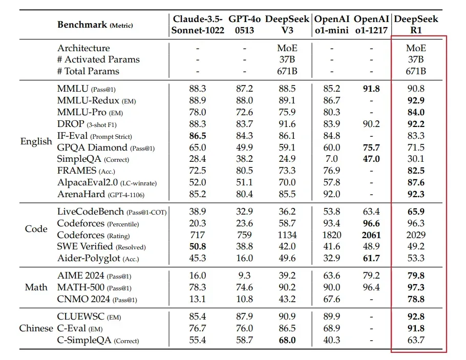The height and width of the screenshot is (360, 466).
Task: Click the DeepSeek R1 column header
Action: (416, 25)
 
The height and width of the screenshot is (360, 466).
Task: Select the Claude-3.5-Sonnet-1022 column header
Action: (198, 25)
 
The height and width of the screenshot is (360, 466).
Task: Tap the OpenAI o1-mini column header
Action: (332, 25)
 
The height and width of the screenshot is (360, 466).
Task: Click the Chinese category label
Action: (36, 328)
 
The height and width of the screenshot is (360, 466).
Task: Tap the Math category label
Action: (36, 287)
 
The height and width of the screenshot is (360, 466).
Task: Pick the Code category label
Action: (36, 229)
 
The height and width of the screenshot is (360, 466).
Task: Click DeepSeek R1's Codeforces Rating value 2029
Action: (416, 235)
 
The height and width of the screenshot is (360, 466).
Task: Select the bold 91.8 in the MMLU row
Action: (371, 89)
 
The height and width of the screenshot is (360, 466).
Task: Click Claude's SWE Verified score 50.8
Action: (198, 246)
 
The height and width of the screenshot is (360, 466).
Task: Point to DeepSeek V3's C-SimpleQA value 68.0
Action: (287, 340)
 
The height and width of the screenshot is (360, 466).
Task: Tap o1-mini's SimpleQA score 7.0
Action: (332, 159)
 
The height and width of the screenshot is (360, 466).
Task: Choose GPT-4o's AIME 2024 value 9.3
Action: (244, 276)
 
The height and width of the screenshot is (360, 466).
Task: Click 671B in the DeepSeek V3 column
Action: (287, 71)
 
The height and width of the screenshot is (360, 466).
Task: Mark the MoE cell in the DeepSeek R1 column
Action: (416, 48)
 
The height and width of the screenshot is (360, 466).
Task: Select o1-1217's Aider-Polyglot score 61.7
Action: (371, 258)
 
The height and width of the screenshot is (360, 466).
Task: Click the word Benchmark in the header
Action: (82, 25)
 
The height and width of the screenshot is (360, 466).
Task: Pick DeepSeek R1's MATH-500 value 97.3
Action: (416, 287)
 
